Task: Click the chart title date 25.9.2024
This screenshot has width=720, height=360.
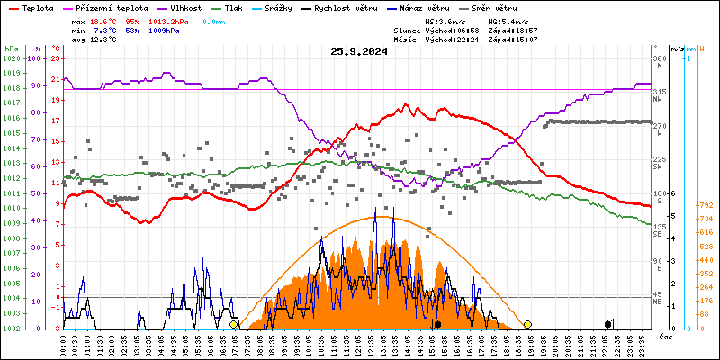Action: point(359,51)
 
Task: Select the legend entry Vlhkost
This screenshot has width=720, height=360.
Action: point(172,7)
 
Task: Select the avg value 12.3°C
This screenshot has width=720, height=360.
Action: point(109,40)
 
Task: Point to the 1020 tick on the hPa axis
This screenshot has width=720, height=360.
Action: point(12,58)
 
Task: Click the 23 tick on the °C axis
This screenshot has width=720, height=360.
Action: point(55,58)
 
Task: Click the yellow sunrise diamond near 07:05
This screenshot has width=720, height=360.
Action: point(234,324)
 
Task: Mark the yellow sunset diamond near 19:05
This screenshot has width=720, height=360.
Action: point(527,324)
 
